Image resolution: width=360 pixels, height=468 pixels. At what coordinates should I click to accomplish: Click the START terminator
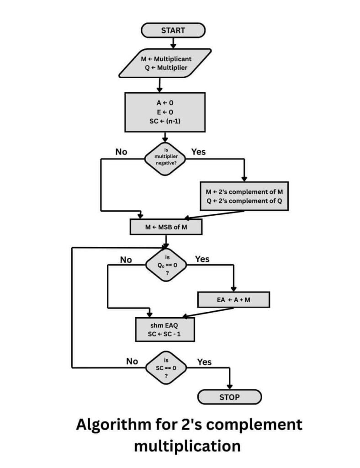pyautogui.click(x=173, y=31)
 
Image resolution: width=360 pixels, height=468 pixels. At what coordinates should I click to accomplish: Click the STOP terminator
pyautogui.click(x=229, y=397)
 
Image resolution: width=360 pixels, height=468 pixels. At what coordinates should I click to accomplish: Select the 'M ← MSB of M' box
pyautogui.click(x=166, y=227)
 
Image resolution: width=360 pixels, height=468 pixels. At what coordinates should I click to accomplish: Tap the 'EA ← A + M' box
pyautogui.click(x=233, y=300)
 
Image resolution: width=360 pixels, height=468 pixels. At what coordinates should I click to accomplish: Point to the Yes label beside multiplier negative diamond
pyautogui.click(x=198, y=152)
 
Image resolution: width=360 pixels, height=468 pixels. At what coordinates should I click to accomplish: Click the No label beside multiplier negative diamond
pyautogui.click(x=121, y=152)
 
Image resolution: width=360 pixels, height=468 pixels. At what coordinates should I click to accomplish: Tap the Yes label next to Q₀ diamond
pyautogui.click(x=202, y=259)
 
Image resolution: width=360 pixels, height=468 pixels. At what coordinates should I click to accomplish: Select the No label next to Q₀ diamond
pyautogui.click(x=126, y=260)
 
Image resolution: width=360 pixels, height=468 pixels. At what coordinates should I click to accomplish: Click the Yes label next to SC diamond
pyautogui.click(x=204, y=362)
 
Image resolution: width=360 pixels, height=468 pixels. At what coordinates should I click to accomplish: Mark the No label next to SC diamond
pyautogui.click(x=132, y=361)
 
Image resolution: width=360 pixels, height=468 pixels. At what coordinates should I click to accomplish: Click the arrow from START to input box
pyautogui.click(x=173, y=43)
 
